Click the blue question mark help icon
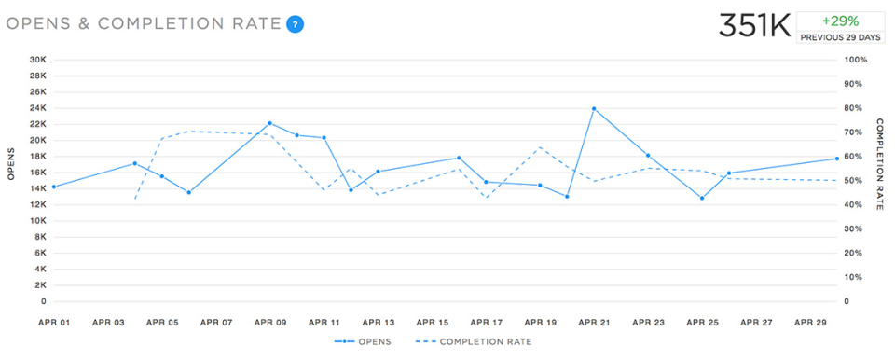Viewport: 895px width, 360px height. [x=296, y=23]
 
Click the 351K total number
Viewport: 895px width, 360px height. [x=753, y=25]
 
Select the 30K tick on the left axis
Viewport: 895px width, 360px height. [x=38, y=60]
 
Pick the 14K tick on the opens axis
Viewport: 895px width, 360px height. [x=38, y=188]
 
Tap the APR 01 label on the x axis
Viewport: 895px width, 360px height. [x=53, y=323]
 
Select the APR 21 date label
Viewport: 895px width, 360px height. [x=594, y=323]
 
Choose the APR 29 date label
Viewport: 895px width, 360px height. [x=810, y=323]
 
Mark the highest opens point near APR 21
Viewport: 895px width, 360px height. [x=594, y=109]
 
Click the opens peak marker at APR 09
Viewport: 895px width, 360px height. [x=269, y=123]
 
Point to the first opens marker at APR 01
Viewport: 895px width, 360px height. [x=53, y=187]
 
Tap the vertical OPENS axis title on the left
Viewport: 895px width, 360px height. [x=12, y=164]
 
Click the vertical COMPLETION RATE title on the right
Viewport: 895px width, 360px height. [x=879, y=164]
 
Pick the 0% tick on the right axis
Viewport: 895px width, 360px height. [x=850, y=301]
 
